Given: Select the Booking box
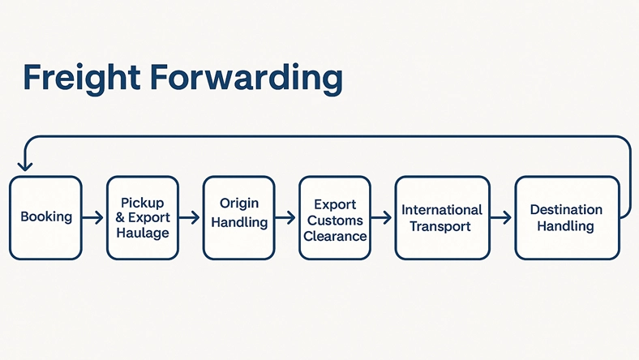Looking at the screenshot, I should (x=45, y=217).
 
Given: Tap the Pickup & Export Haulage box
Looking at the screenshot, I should (x=142, y=217).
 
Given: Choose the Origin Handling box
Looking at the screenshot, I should (x=238, y=217).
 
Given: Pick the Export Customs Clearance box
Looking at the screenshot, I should (x=335, y=217).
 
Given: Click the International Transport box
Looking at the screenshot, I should (x=442, y=217).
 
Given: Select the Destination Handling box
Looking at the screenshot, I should (x=566, y=217).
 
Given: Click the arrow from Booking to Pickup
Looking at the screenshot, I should (x=93, y=217).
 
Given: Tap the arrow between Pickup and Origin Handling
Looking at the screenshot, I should (x=190, y=217).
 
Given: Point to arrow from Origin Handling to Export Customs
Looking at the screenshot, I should (x=285, y=217).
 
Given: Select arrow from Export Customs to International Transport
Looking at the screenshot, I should (x=382, y=217).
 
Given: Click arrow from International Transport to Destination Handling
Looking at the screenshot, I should (x=501, y=217).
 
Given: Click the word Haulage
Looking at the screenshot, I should (x=142, y=234).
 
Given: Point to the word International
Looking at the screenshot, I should (x=442, y=210).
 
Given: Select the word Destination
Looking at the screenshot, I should (x=566, y=210).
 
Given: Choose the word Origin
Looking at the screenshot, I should (x=238, y=203).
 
